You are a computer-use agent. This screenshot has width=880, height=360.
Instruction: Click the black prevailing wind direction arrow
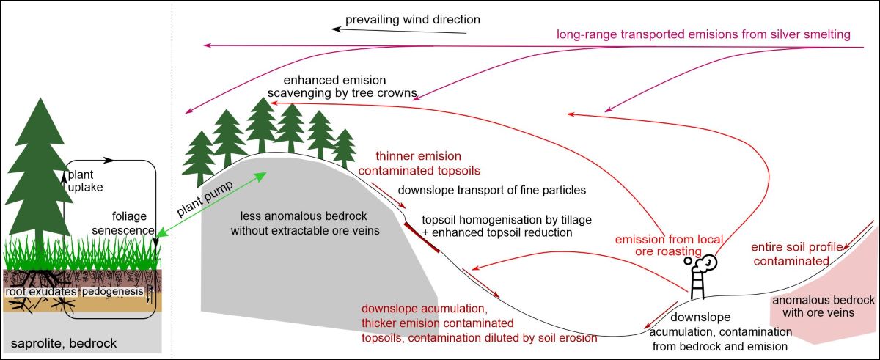tap(400, 30)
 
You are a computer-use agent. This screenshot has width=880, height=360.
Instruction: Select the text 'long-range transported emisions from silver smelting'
tap(703, 34)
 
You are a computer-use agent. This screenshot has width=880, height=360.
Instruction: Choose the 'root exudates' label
tap(40, 292)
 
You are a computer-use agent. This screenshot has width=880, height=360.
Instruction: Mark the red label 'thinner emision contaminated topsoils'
tap(418, 163)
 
